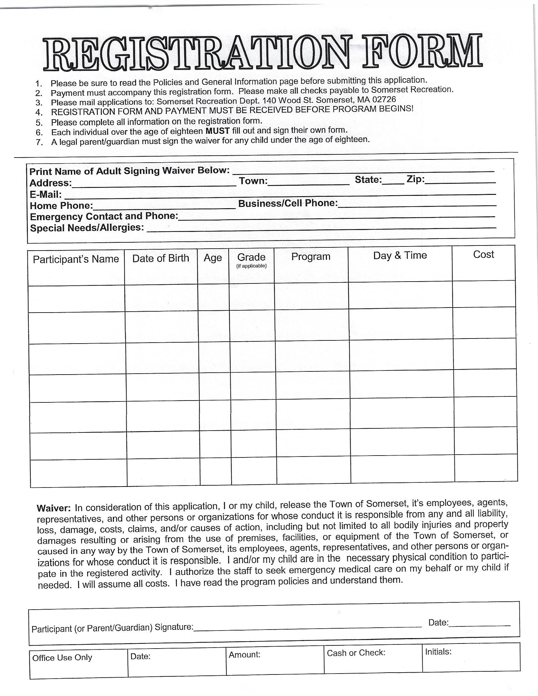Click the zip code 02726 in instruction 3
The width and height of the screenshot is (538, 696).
384,99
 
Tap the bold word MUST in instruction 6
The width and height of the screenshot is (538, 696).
218,131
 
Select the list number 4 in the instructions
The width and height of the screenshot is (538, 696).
39,113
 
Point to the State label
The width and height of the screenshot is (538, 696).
368,180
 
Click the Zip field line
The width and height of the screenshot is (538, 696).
460,182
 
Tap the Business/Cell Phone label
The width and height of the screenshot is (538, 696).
288,203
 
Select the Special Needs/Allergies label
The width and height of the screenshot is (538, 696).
87,228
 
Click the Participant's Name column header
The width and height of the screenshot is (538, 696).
76,259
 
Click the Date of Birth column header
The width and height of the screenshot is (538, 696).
161,258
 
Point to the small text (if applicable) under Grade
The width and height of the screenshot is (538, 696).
252,266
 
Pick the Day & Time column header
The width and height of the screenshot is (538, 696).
400,256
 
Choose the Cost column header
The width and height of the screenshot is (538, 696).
484,255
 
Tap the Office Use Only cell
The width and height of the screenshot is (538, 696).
62,657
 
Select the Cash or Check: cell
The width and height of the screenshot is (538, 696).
356,653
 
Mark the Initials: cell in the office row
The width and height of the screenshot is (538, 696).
438,652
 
